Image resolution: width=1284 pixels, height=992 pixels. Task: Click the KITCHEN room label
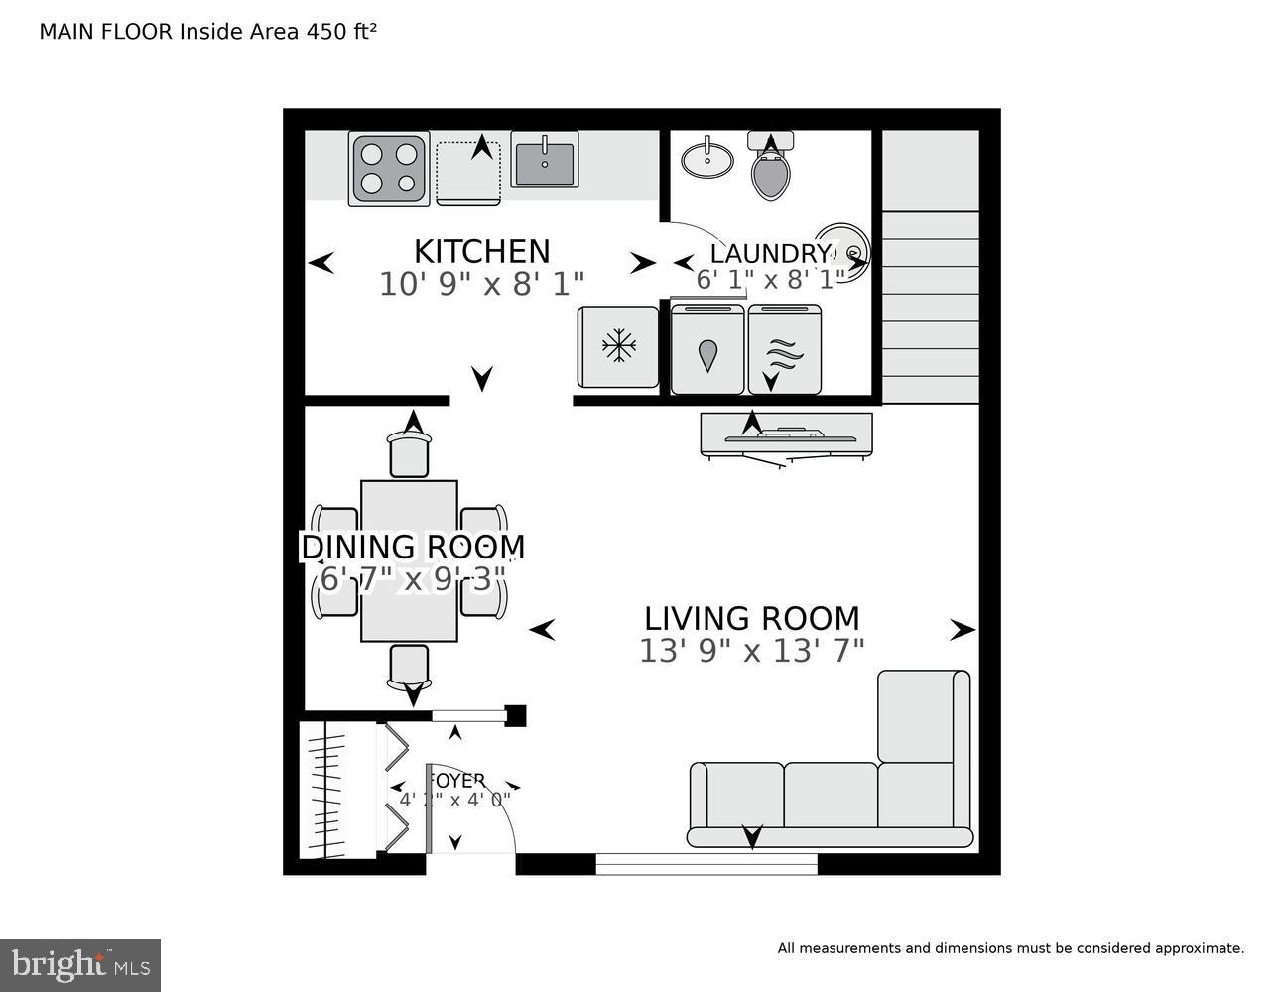[x=481, y=251]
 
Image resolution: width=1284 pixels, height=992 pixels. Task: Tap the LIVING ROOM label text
[x=751, y=618]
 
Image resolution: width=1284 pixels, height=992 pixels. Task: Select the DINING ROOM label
[x=413, y=547]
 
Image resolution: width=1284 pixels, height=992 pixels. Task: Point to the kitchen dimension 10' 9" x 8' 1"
[x=481, y=285]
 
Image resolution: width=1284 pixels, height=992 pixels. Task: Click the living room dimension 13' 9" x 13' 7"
[x=751, y=651]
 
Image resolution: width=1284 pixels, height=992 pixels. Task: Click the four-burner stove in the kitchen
[x=389, y=169]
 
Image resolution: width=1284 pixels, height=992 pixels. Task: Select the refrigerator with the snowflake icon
[x=618, y=346]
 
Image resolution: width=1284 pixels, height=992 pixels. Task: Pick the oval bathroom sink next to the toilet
[x=707, y=159]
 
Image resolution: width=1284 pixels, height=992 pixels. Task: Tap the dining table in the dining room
[x=409, y=560]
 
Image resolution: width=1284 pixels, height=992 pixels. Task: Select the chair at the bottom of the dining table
[x=409, y=667]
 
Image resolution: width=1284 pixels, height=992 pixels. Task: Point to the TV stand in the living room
[x=786, y=434]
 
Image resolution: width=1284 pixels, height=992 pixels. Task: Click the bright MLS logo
[x=80, y=964]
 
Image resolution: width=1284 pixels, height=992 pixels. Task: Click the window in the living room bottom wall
[x=706, y=864]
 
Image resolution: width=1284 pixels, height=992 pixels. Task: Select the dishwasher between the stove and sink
[x=469, y=172]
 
